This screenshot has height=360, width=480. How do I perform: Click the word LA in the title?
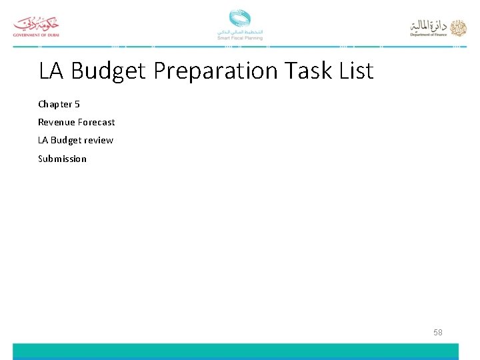click(52, 70)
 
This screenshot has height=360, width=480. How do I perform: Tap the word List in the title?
click(356, 70)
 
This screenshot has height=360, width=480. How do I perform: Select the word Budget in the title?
click(108, 71)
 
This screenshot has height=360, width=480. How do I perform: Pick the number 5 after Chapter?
click(77, 104)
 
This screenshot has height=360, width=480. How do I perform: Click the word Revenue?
click(56, 122)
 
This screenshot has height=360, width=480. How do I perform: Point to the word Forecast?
click(96, 122)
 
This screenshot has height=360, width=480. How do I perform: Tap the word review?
click(99, 140)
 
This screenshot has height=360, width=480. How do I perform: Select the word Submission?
click(62, 159)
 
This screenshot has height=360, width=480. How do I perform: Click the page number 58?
click(437, 332)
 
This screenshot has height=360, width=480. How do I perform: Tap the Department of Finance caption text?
click(429, 35)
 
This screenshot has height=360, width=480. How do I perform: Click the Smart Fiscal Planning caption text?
click(240, 38)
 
